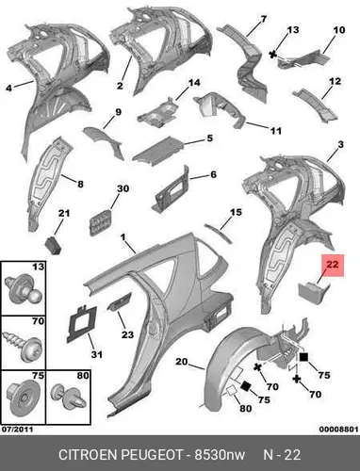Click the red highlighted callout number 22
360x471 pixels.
[333, 265]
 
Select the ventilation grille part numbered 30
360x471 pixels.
[100, 222]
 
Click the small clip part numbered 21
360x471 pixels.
[54, 246]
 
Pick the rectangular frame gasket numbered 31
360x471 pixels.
[80, 324]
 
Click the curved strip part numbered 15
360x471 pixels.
[218, 234]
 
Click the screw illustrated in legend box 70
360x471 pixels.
[23, 344]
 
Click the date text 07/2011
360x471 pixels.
[17, 429]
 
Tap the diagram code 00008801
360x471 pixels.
[338, 429]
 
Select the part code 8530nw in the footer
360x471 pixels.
[220, 455]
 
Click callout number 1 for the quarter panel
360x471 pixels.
[123, 237]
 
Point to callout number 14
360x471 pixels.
[194, 83]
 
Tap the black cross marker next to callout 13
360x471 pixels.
[273, 55]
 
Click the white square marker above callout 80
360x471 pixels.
[232, 391]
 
